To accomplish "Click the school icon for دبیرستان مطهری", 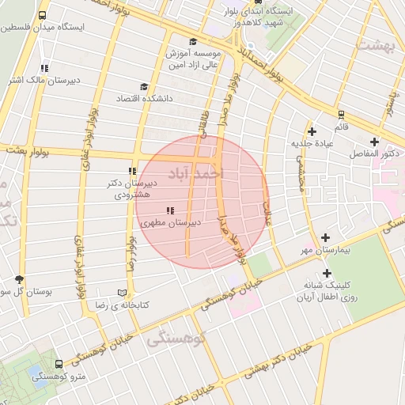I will click(x=170, y=210).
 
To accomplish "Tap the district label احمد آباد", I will click(x=197, y=172).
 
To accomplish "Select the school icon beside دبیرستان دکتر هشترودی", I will click(x=132, y=171).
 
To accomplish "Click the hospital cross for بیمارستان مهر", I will click(x=326, y=237).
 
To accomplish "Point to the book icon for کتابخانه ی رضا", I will click(x=121, y=292).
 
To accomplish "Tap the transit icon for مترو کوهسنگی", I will click(x=59, y=365).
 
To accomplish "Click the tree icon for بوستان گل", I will click(x=20, y=279).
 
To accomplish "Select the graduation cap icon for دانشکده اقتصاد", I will click(x=144, y=86).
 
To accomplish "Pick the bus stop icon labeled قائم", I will click(x=341, y=114).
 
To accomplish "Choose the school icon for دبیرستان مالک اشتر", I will click(x=44, y=68).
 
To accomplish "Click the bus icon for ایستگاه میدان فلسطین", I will click(x=41, y=15).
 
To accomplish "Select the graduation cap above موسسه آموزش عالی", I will click(x=193, y=41).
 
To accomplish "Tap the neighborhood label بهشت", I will click(x=374, y=44).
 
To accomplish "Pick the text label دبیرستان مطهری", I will click(x=171, y=223).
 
